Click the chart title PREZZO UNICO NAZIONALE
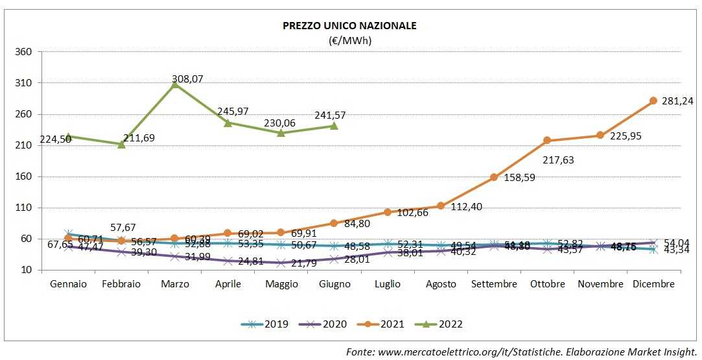tap(349, 26)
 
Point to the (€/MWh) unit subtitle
tap(349, 40)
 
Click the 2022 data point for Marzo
tap(174, 84)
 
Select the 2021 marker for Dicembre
tap(653, 101)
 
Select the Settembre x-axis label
tap(494, 284)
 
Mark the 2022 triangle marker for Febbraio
tap(121, 144)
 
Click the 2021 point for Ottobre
tap(547, 140)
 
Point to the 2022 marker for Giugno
tap(334, 125)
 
